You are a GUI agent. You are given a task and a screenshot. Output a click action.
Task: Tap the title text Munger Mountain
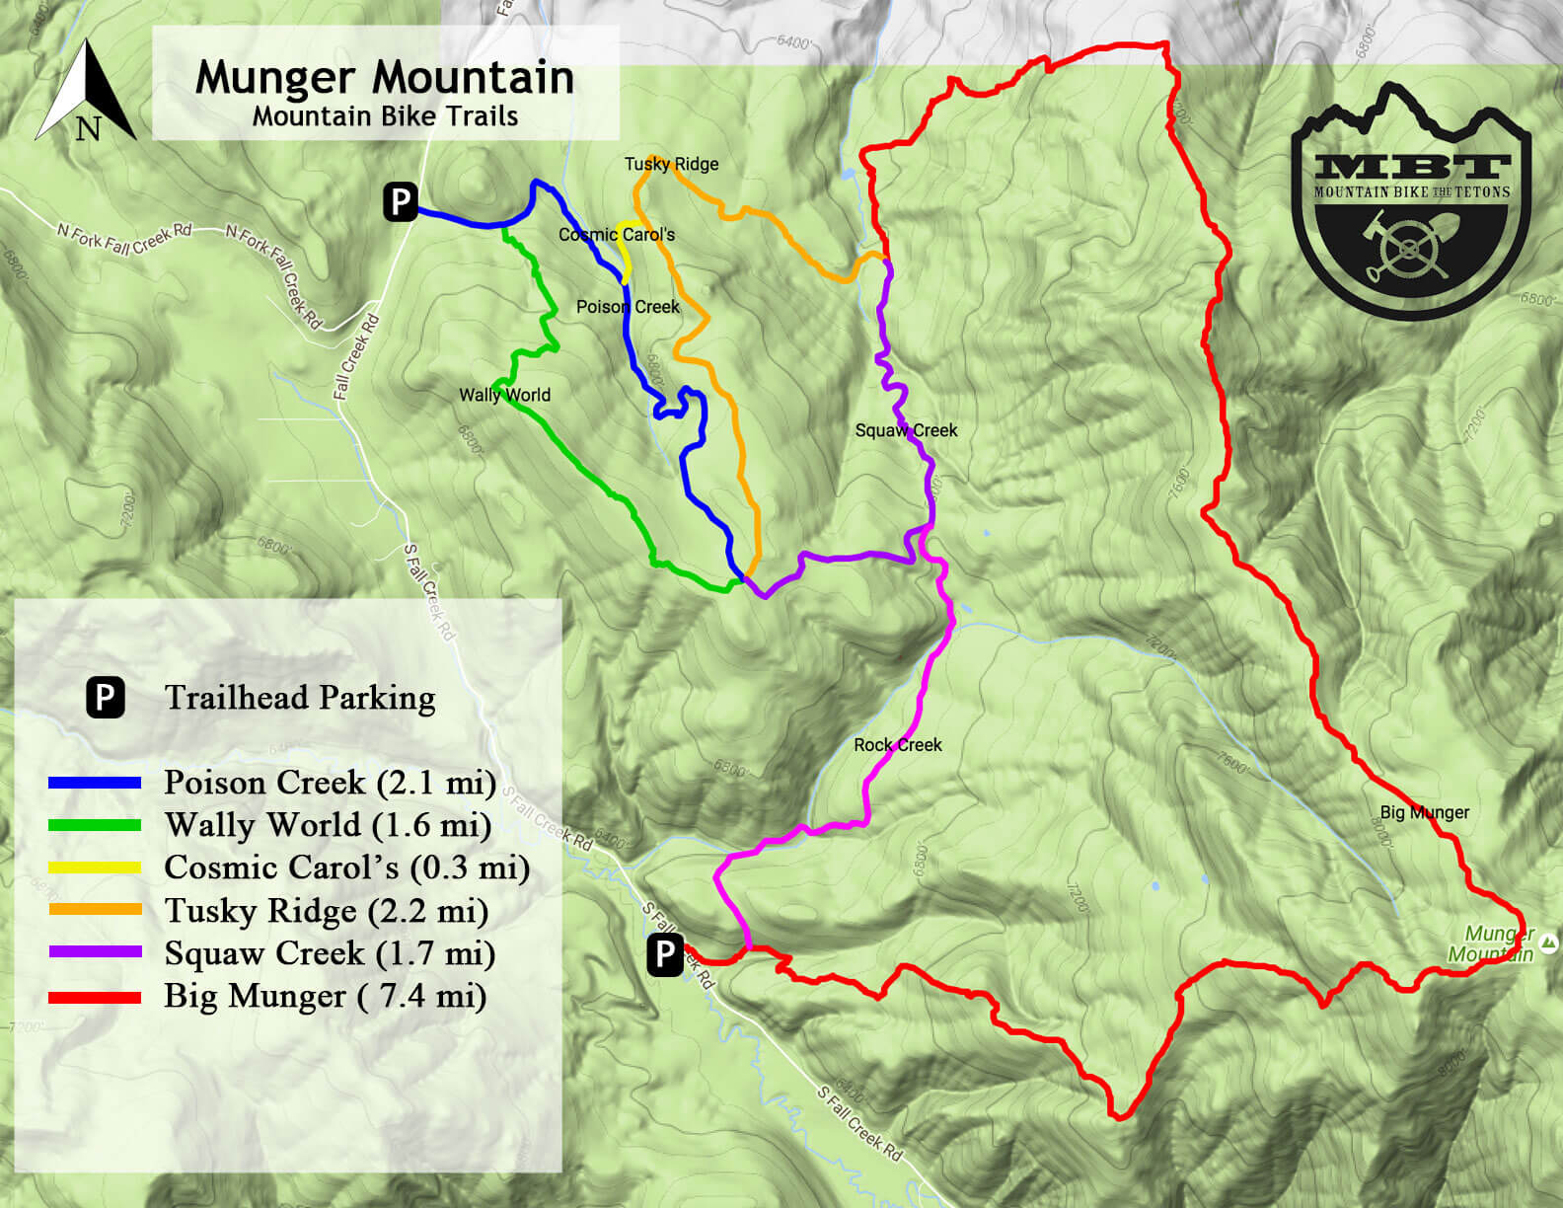click(x=385, y=77)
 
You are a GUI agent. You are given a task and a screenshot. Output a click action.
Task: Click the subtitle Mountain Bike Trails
click(x=385, y=116)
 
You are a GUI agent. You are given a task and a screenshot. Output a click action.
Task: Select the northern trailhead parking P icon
click(x=401, y=201)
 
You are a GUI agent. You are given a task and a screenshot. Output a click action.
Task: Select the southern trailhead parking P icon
click(x=665, y=954)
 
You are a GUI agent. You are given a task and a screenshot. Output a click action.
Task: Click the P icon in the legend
click(x=105, y=697)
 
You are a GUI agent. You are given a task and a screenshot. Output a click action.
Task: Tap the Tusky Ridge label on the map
click(x=671, y=164)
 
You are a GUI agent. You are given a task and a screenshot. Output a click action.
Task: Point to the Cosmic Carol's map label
click(x=617, y=235)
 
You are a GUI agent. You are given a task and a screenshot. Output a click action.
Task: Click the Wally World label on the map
click(x=504, y=395)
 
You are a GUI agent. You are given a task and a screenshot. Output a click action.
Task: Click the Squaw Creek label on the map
click(x=906, y=430)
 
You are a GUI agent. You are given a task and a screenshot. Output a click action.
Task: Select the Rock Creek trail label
click(x=897, y=745)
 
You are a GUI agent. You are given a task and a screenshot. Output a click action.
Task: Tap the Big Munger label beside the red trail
click(x=1424, y=812)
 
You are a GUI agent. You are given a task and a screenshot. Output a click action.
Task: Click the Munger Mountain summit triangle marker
click(x=1549, y=944)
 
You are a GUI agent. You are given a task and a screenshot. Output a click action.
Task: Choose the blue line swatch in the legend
click(x=95, y=783)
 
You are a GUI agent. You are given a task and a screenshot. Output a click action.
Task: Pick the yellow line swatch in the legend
click(x=95, y=868)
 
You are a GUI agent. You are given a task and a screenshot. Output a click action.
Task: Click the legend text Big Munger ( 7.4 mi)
click(x=325, y=996)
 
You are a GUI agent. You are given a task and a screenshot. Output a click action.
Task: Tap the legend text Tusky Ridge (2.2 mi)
click(x=326, y=910)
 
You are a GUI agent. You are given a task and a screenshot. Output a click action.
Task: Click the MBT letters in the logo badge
click(x=1411, y=166)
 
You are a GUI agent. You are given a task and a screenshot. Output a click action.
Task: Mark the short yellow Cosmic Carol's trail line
click(x=626, y=252)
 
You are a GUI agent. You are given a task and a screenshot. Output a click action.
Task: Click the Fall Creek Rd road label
click(x=356, y=356)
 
